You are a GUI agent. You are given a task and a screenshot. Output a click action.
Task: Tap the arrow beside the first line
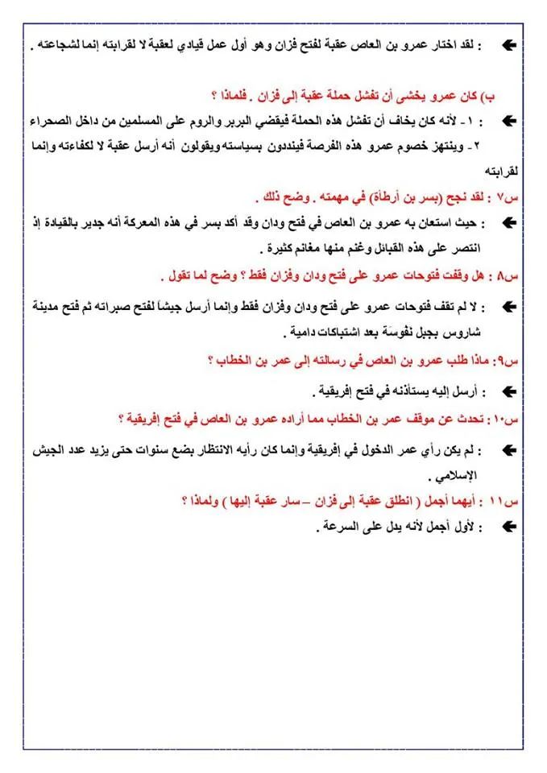508,46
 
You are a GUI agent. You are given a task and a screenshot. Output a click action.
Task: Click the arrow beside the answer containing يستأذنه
508,391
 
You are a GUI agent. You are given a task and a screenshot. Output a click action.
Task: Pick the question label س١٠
510,419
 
